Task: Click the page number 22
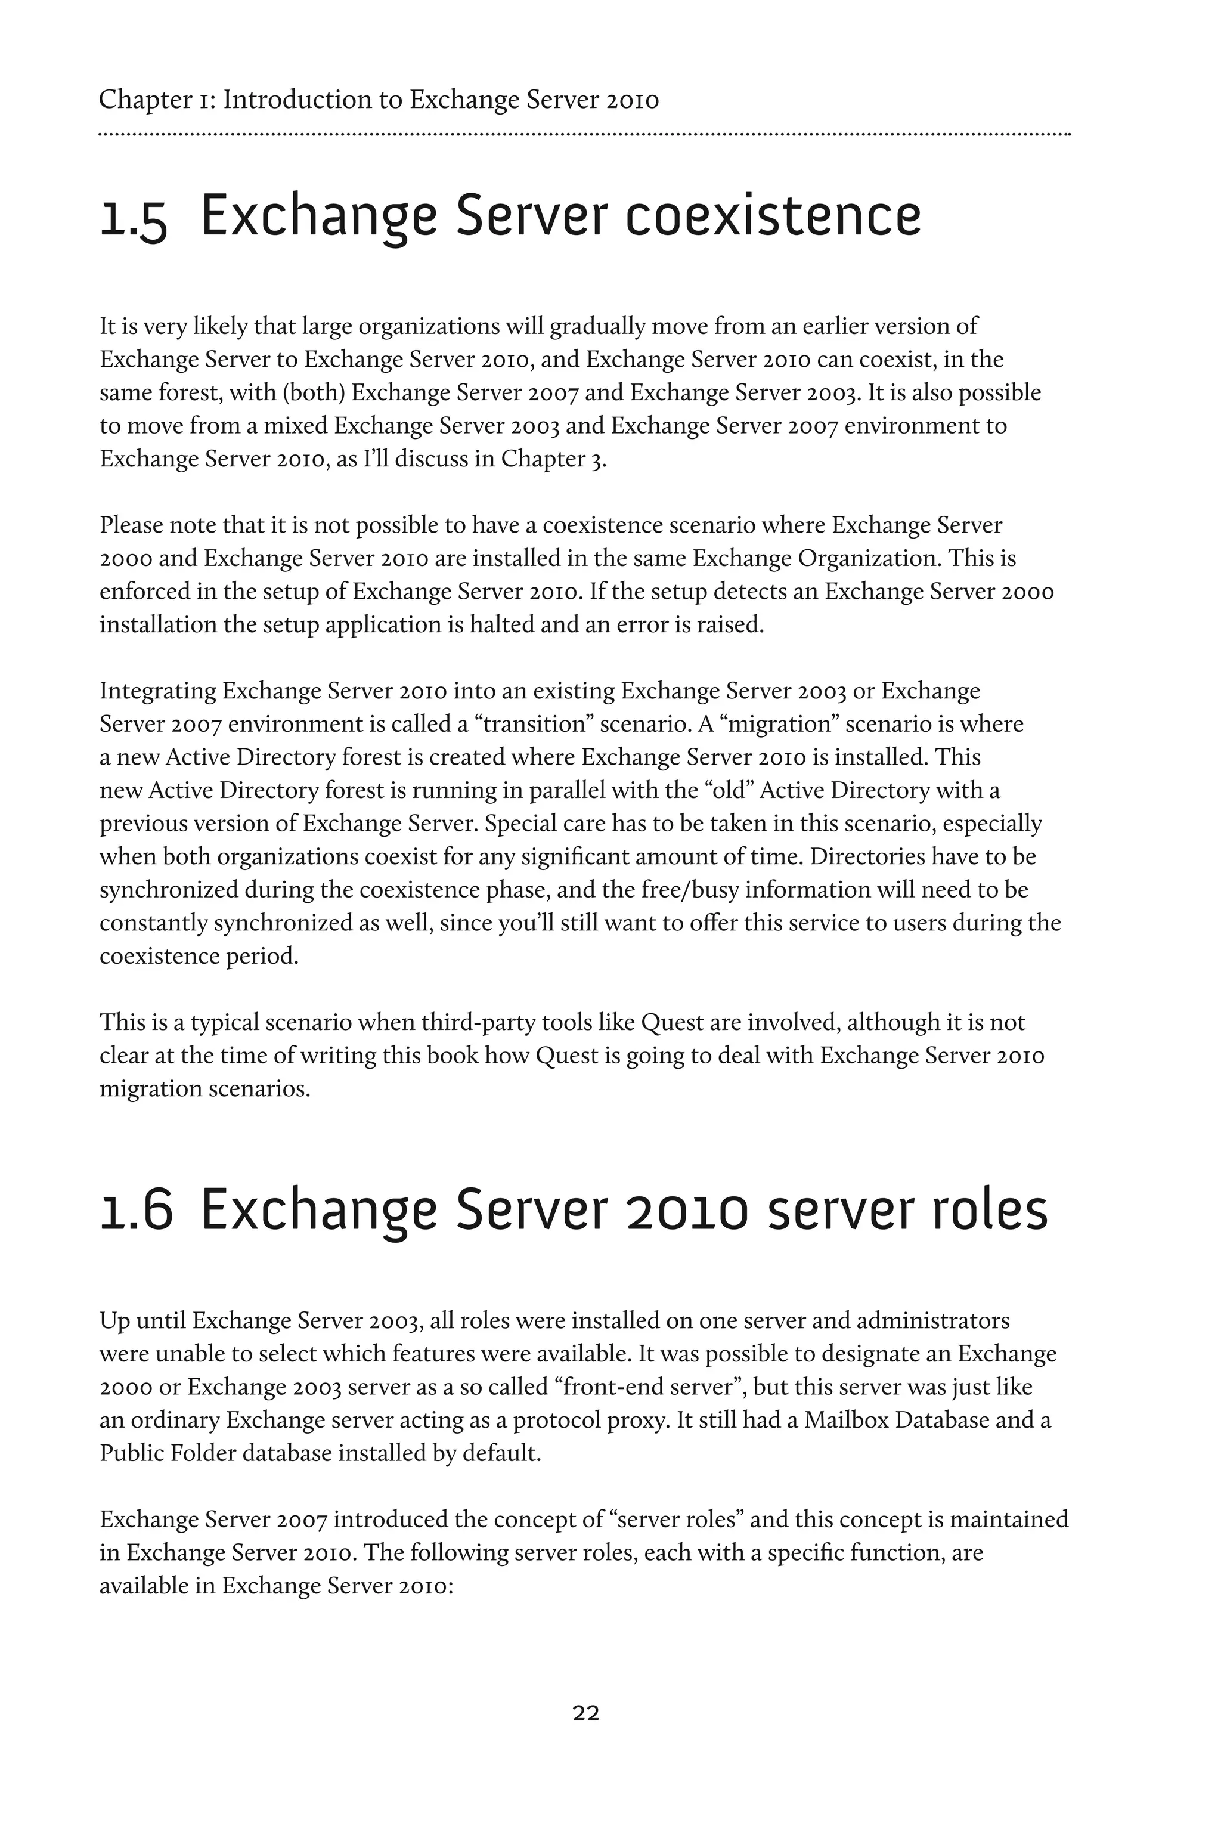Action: (585, 1713)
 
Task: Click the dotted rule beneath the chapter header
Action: (584, 135)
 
